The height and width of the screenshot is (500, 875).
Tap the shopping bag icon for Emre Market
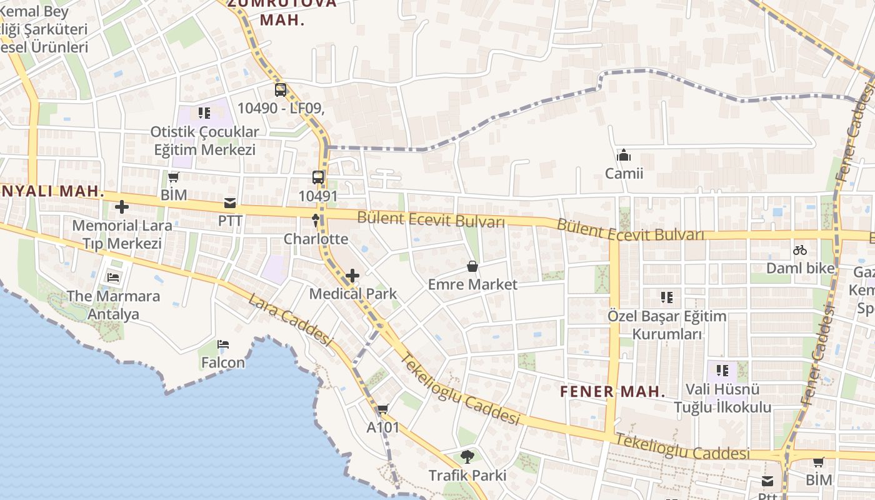coord(472,267)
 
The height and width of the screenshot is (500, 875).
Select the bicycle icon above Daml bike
coord(800,251)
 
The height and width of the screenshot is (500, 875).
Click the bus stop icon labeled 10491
coord(318,177)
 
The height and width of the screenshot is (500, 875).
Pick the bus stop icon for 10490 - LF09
coord(281,90)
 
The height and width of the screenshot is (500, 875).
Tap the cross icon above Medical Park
coord(352,276)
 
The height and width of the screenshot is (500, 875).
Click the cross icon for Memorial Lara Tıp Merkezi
coord(122,207)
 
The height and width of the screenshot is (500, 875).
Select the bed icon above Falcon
coord(223,344)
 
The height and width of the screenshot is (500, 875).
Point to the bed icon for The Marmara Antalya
coord(113,277)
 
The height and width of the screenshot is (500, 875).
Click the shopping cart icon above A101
coord(382,409)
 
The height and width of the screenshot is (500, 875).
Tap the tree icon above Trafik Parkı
coord(467,457)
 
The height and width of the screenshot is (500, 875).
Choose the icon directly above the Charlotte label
coord(316,221)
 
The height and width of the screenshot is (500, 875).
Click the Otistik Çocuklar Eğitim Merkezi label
coord(205,141)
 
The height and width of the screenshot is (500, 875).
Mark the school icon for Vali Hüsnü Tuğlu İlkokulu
coord(722,371)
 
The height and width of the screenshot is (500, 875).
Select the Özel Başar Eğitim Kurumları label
coord(667,325)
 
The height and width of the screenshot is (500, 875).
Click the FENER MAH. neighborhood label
coord(612,392)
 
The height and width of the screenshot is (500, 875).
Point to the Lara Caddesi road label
coord(289,318)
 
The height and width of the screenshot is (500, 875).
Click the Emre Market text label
coord(472,285)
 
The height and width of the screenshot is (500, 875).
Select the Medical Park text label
coord(353,294)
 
